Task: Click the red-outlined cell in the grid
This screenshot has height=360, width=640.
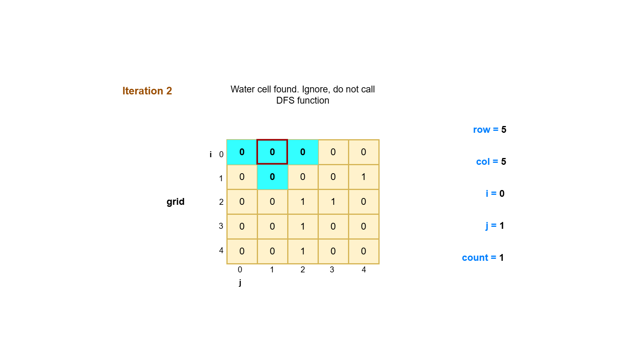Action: (x=272, y=152)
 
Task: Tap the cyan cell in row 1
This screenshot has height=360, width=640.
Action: (x=272, y=177)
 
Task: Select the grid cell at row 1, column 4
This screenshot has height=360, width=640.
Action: (x=363, y=177)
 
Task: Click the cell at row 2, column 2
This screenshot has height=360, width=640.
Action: (x=302, y=202)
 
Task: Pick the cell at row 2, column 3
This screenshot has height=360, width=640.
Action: (x=333, y=202)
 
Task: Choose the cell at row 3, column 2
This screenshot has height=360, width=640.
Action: (x=302, y=226)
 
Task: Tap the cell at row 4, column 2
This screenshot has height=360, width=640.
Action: (x=302, y=251)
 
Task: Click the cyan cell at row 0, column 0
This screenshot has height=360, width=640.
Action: (x=242, y=152)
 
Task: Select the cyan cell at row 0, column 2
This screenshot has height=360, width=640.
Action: (x=302, y=152)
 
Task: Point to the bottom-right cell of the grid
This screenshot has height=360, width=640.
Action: (x=363, y=251)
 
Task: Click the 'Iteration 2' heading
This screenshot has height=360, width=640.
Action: (x=147, y=91)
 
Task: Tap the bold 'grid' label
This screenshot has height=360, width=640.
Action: (x=175, y=202)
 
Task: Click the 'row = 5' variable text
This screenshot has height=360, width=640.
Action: (x=489, y=130)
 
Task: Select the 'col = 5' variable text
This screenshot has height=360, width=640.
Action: (x=491, y=162)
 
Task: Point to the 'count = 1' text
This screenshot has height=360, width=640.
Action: (x=482, y=258)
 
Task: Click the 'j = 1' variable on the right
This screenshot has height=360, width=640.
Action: (x=495, y=226)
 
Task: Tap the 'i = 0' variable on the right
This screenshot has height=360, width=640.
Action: (x=495, y=194)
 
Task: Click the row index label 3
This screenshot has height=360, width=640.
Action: (x=221, y=226)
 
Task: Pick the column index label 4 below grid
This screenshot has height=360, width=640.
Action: (x=364, y=270)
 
